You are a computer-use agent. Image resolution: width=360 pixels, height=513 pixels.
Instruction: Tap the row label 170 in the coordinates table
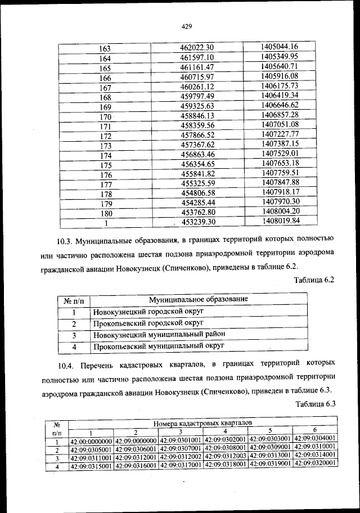tap(105, 117)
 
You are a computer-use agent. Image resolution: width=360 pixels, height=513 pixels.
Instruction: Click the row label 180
tap(105, 213)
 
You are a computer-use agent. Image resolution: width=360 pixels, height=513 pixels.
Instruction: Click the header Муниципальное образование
tap(198, 299)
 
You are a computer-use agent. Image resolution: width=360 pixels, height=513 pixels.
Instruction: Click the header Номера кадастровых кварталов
tap(202, 422)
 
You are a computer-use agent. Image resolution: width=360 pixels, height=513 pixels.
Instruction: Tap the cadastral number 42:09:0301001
tap(181, 439)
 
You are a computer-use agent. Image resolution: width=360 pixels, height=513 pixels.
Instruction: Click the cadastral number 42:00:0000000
tap(91, 439)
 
